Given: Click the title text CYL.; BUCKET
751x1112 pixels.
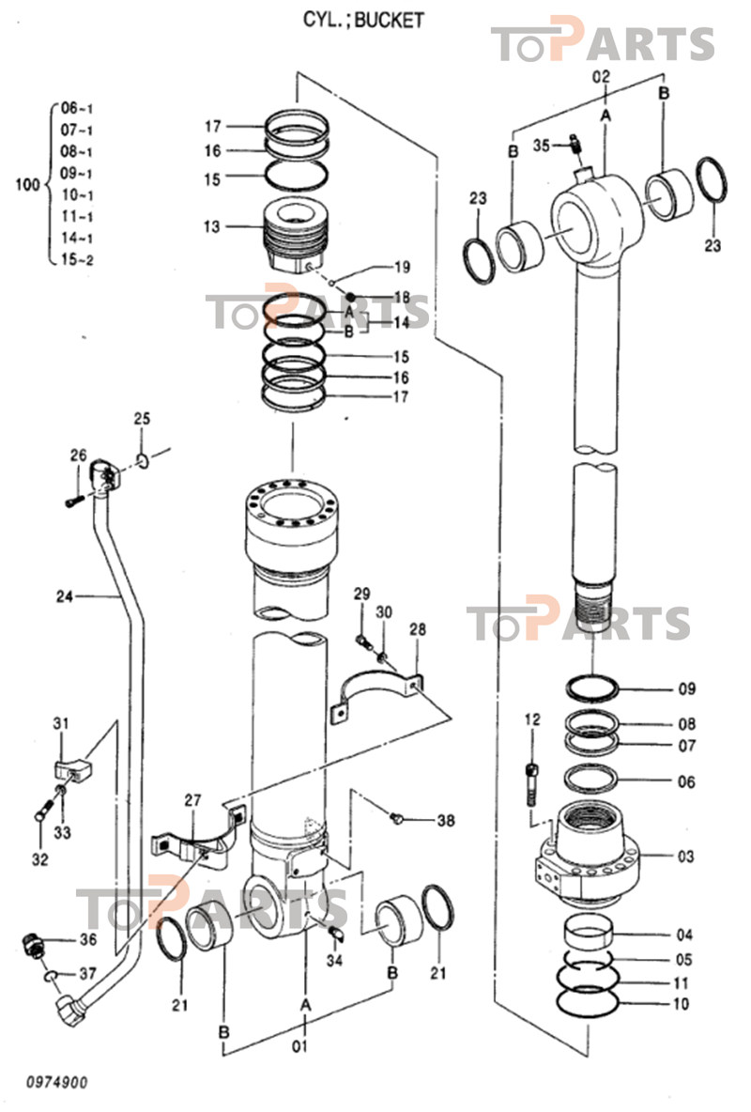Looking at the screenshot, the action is pos(363,19).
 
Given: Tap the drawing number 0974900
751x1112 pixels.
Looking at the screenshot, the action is pos(57,1082).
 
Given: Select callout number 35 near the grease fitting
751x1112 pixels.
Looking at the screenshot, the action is pos(541,145).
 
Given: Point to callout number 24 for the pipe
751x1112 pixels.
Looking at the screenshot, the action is pos(65,596).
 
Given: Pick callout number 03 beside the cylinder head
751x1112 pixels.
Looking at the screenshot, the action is pos(685,857).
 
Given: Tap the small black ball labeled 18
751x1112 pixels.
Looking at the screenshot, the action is pos(350,297).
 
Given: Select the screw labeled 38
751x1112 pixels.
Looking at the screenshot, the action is pos(398,820).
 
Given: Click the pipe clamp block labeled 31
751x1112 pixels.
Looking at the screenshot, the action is pos(74,768).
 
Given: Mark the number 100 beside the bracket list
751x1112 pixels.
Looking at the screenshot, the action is pos(27,185).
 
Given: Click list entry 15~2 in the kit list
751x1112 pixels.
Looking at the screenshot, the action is pos(77,259).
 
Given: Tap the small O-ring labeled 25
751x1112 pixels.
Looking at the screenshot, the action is pos(143,461).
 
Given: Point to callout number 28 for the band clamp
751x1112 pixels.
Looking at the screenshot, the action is pos(418,629).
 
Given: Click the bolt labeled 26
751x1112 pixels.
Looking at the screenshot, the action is pos(74,502).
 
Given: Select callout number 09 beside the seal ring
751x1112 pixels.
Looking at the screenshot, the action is pos(687,688).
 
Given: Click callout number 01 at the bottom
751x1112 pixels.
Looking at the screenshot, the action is pos(300,1045).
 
